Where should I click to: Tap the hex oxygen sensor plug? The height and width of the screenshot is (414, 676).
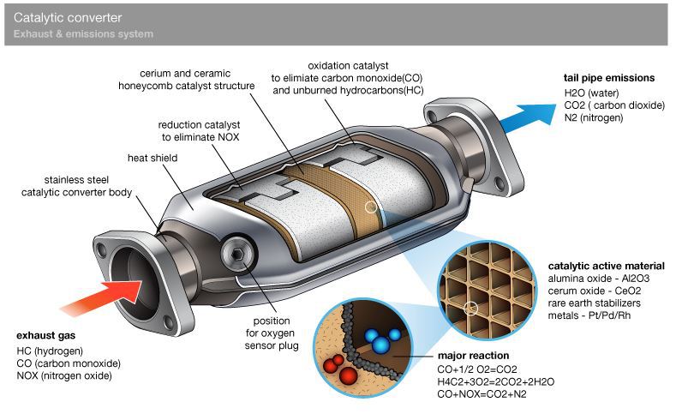237,255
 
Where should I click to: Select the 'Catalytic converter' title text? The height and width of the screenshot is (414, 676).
68,18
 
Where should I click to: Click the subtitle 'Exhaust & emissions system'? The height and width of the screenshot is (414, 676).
83,33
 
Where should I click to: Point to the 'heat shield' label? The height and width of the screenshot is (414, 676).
153,158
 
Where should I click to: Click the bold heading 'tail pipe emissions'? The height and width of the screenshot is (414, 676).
609,78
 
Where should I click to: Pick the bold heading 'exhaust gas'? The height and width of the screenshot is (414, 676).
45,335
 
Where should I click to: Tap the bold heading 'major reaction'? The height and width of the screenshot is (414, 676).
474,356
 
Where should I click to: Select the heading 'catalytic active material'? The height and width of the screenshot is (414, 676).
606,266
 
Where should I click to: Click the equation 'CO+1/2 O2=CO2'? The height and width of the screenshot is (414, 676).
477,369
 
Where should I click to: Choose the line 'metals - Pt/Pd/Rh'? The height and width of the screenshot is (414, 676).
589,315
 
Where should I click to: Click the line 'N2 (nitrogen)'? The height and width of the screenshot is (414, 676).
594,117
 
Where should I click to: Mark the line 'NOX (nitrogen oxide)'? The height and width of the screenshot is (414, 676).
64,375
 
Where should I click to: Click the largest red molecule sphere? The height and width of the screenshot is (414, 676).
348,375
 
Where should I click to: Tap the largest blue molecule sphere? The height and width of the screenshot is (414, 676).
380,345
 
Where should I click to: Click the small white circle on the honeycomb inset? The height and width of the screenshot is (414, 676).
470,309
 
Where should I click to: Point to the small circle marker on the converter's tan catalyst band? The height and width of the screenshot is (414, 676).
371,207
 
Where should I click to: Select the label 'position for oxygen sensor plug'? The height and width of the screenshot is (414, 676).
272,333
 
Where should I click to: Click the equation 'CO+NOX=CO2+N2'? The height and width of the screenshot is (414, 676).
482,394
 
